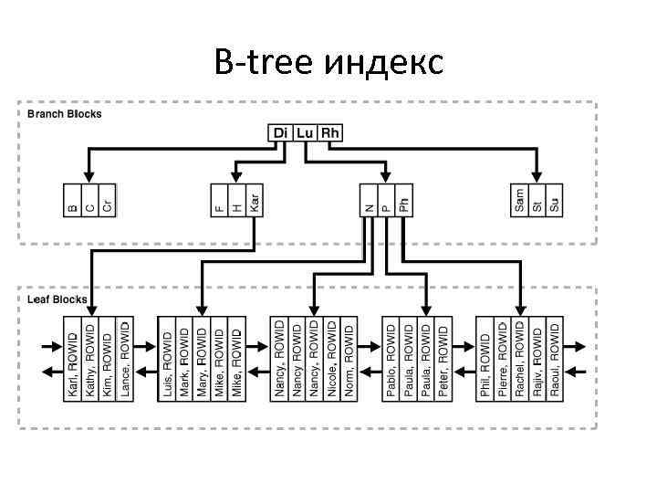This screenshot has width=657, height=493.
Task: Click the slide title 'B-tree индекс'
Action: click(328, 63)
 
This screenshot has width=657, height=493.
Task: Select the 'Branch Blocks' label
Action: click(65, 114)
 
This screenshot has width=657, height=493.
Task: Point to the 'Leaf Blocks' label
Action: click(57, 299)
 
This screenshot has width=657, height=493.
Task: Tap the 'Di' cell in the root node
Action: click(281, 133)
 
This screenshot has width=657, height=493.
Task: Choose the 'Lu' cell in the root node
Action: click(305, 133)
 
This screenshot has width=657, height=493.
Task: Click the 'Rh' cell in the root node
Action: click(329, 133)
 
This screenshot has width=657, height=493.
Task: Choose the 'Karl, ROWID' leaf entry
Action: click(73, 361)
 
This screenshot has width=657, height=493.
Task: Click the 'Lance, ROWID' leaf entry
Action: click(125, 361)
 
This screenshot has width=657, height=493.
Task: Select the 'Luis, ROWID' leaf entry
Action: click(167, 361)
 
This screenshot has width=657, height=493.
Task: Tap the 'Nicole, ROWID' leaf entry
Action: click(331, 361)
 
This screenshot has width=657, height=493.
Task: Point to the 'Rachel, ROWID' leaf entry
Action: click(520, 361)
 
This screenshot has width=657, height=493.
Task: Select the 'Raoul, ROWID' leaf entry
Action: click(554, 361)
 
